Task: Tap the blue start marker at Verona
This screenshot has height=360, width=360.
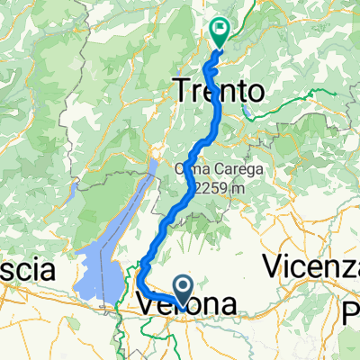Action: coord(184,289)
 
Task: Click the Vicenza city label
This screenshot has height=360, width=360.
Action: coord(311,267)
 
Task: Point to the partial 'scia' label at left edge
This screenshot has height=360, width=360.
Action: coord(27,270)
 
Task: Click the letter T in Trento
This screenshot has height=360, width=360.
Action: coord(180,90)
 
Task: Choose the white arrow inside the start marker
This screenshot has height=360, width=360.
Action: coord(184,288)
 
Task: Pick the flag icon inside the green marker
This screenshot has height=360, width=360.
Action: coord(219,30)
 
